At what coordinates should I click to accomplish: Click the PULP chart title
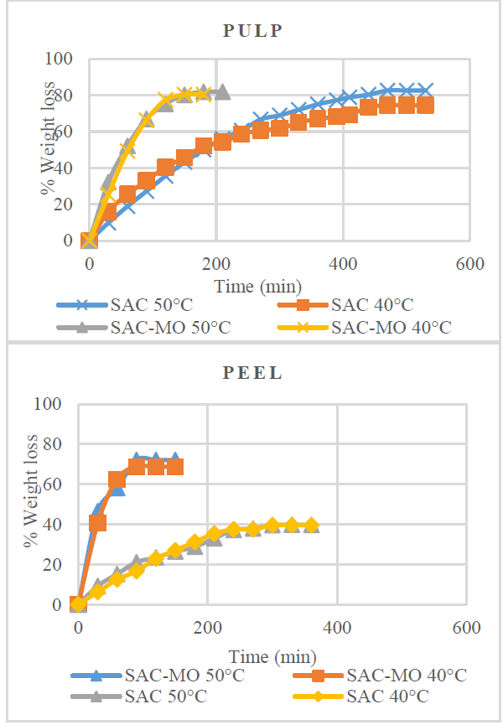coord(251,31)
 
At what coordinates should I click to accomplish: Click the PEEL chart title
coord(251,374)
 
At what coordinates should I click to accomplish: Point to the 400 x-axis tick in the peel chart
coord(337,628)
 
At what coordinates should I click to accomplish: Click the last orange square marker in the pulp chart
coord(425,105)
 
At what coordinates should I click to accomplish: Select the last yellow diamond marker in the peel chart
coord(311,526)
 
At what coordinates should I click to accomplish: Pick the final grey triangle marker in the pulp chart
coord(221,91)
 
